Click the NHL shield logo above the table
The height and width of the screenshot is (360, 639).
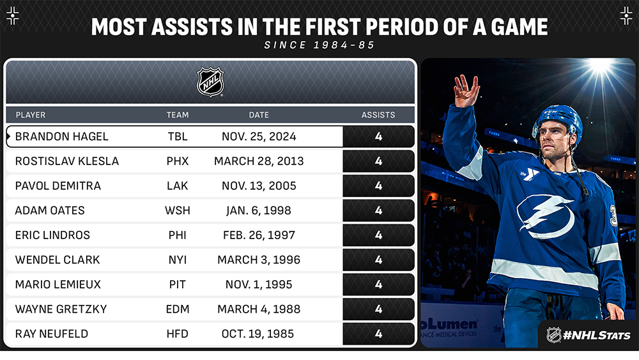pyautogui.click(x=210, y=82)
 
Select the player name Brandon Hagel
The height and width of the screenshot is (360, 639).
pyautogui.click(x=62, y=136)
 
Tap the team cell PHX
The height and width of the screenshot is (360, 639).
pyautogui.click(x=178, y=161)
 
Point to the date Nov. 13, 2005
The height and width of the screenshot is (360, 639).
pyautogui.click(x=259, y=185)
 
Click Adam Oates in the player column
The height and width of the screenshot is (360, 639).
pyautogui.click(x=50, y=210)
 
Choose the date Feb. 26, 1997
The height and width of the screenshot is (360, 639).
pyautogui.click(x=259, y=235)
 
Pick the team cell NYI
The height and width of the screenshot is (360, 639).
pyautogui.click(x=178, y=260)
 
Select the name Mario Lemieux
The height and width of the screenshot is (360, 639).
pyautogui.click(x=58, y=284)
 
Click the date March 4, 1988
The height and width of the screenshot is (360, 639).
pyautogui.click(x=259, y=309)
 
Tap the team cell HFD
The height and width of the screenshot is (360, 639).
pyautogui.click(x=178, y=333)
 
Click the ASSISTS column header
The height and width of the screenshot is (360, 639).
pyautogui.click(x=378, y=115)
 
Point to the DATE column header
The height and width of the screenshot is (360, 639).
pyautogui.click(x=259, y=115)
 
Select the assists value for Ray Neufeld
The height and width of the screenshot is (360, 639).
pyautogui.click(x=378, y=333)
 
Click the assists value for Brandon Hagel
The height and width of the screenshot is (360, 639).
pyautogui.click(x=378, y=136)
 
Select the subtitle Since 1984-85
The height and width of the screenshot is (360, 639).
pyautogui.click(x=319, y=45)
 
